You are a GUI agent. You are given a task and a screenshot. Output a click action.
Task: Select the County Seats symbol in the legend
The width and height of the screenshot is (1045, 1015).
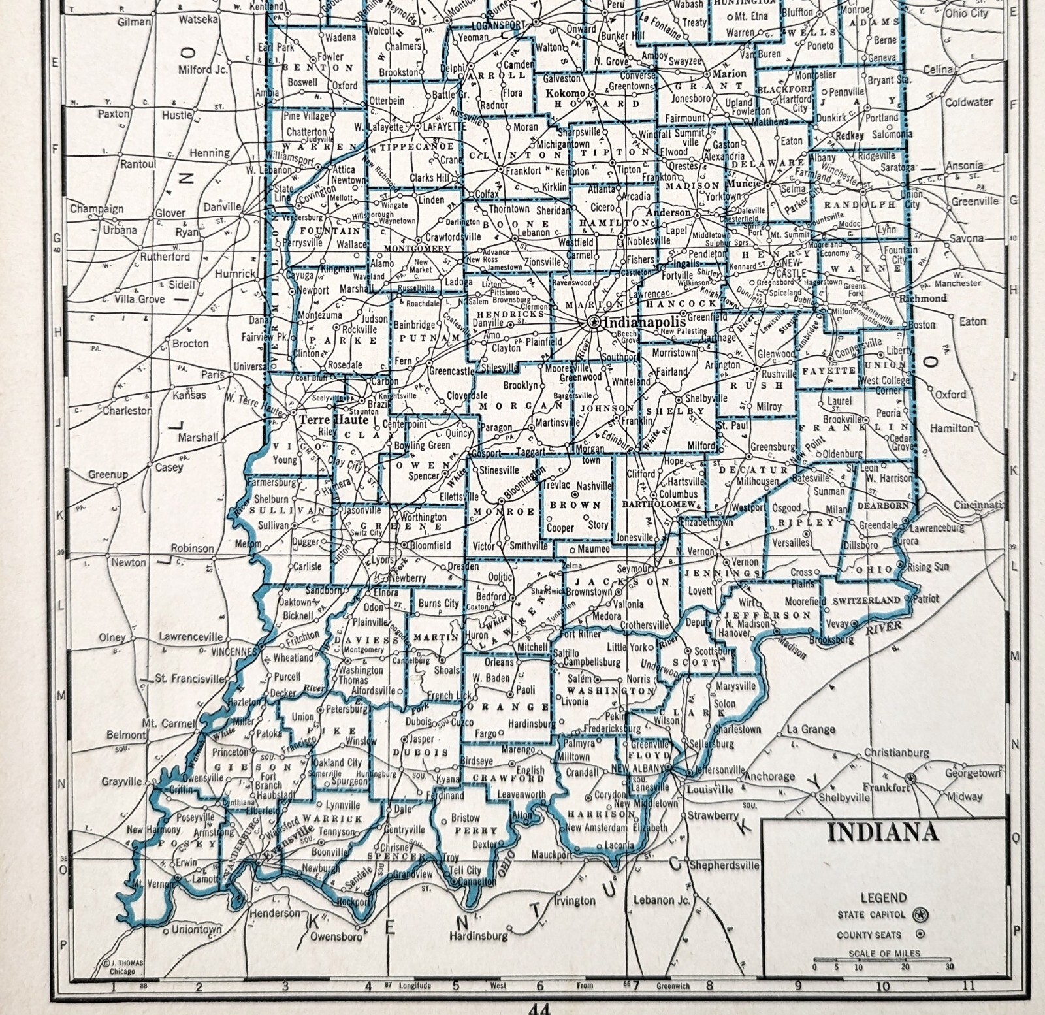pos(920,935)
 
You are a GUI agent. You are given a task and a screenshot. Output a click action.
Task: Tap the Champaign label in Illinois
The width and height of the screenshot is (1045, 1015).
pos(97,209)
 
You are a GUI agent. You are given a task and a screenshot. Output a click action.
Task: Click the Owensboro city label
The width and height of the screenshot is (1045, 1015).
pos(336,937)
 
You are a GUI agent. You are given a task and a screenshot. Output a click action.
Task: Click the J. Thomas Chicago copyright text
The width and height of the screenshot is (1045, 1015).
pos(123,967)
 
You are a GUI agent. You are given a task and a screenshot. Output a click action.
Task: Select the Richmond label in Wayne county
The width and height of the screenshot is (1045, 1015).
pos(923,298)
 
